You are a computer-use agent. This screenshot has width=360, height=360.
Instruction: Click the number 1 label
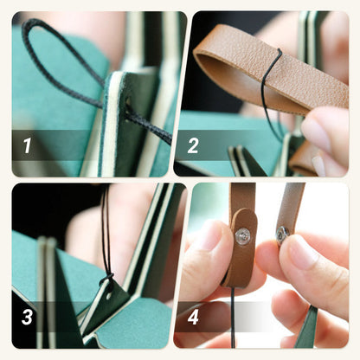(28, 145)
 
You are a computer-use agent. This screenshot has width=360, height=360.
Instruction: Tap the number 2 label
(193, 145)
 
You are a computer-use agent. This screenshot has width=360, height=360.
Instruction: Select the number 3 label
(27, 318)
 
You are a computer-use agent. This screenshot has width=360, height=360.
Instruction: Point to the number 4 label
(193, 318)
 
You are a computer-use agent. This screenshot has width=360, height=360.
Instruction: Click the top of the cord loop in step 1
(33, 21)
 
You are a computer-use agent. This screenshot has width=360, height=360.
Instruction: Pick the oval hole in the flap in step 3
(109, 295)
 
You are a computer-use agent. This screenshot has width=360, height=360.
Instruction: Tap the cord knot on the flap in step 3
(106, 280)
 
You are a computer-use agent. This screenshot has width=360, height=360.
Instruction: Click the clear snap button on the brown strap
(242, 236)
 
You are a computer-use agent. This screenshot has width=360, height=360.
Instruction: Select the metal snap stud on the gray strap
(281, 234)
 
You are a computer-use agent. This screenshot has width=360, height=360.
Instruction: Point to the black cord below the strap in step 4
(233, 318)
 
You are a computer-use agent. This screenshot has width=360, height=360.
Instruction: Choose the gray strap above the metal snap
(292, 205)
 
